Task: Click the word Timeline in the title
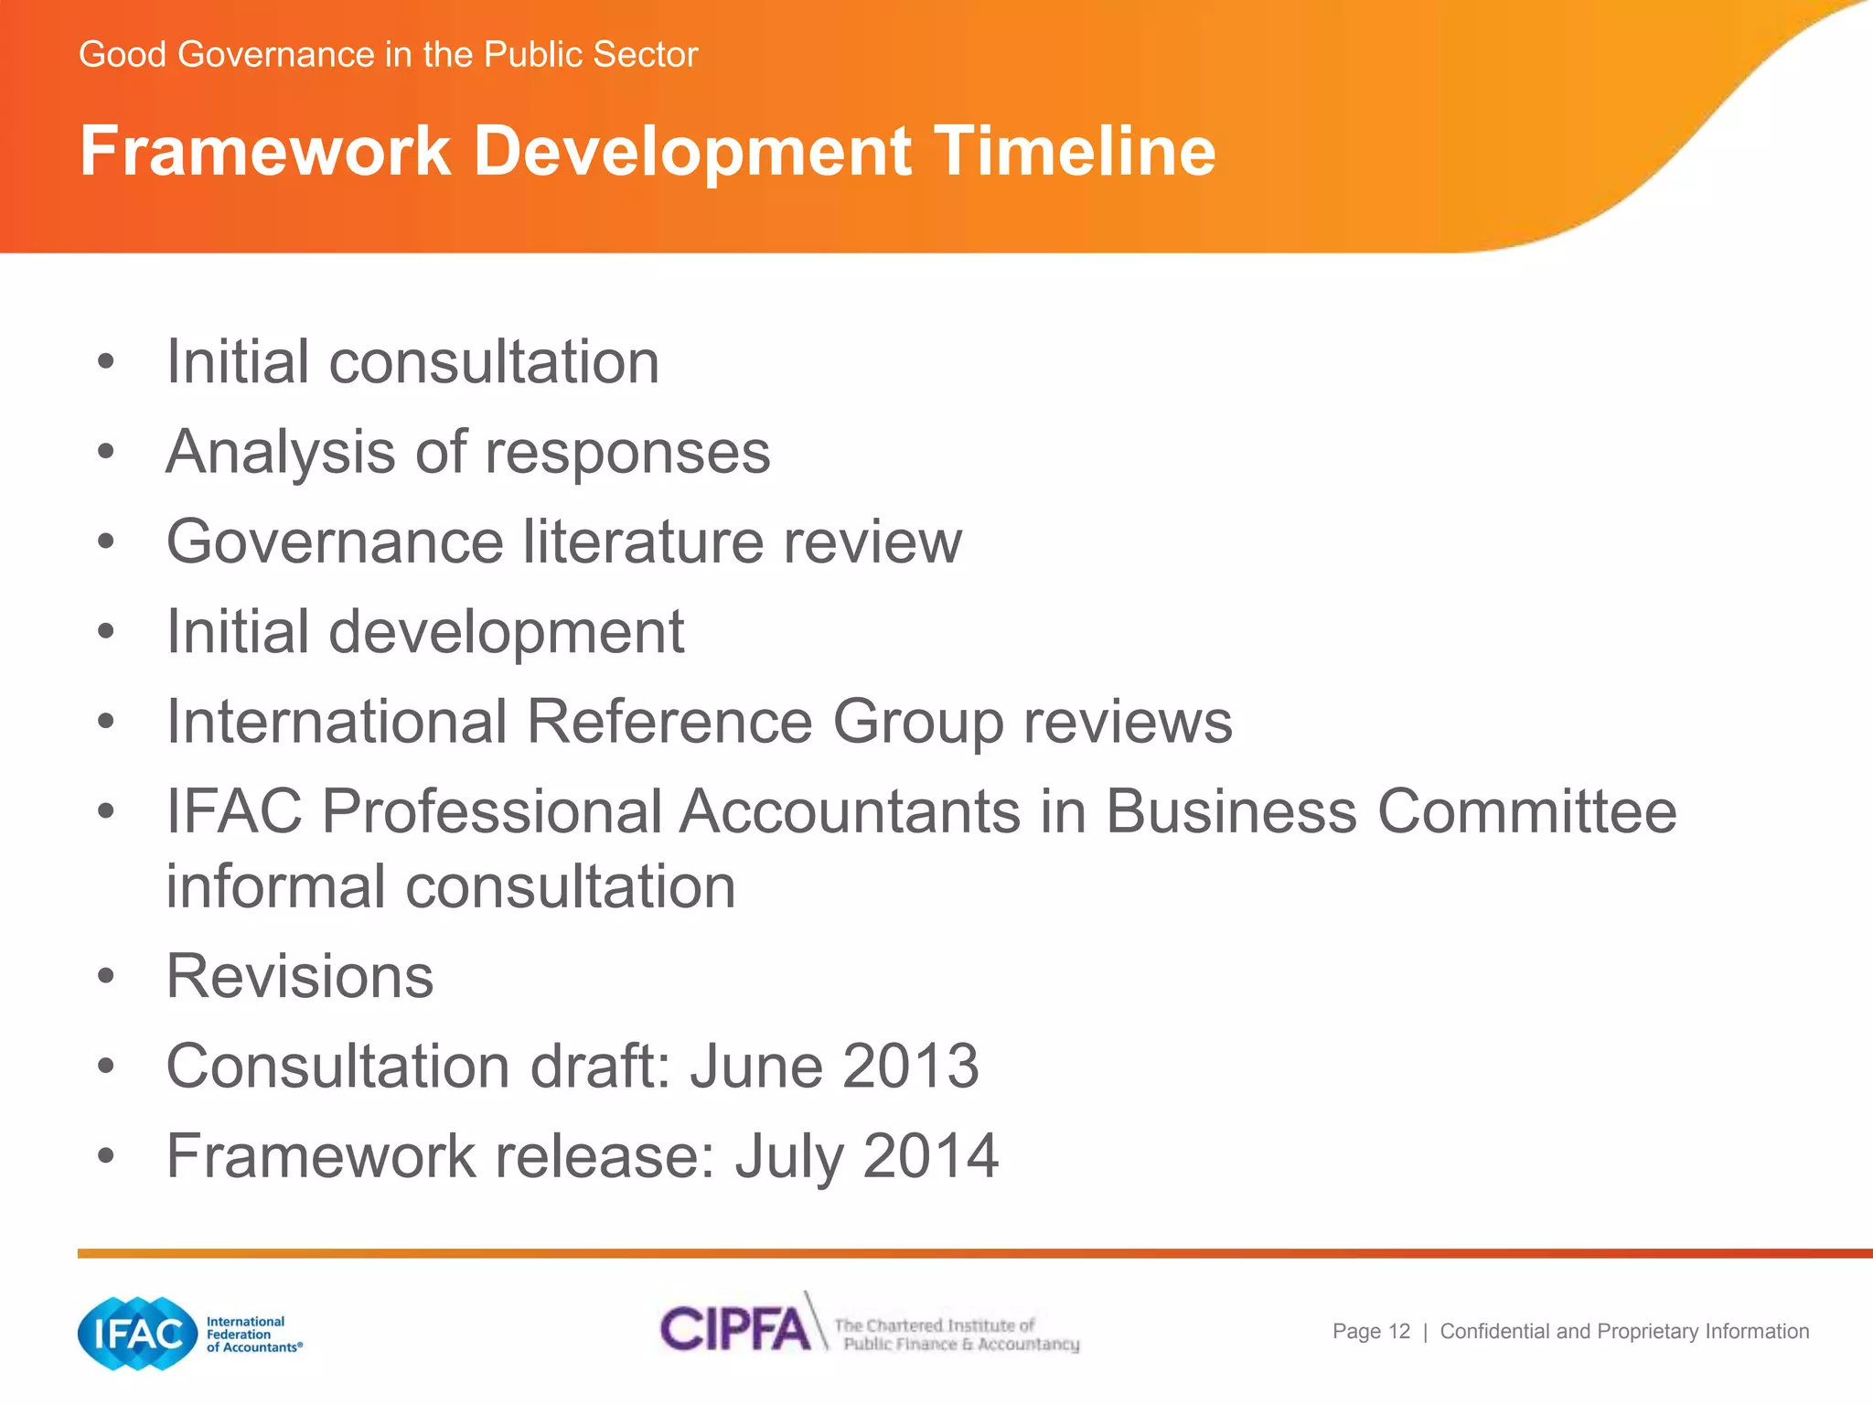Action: point(1074,151)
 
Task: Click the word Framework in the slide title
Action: point(265,151)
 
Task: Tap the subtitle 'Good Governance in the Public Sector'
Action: point(388,55)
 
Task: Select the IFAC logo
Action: point(138,1334)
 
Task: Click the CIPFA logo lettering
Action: point(736,1329)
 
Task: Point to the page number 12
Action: point(1399,1332)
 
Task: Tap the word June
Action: point(755,1067)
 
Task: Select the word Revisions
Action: point(300,977)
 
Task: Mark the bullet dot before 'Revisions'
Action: point(106,977)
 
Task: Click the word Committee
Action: point(1526,812)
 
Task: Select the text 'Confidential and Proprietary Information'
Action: point(1624,1332)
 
